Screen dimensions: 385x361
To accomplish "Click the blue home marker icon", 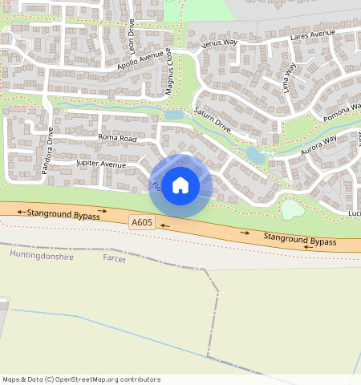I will [180, 185].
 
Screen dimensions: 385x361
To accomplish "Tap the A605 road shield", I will [142, 222].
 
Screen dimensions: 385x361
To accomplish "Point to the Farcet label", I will [115, 260].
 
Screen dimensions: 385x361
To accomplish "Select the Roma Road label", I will [118, 138].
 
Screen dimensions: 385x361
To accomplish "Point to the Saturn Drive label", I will [212, 120].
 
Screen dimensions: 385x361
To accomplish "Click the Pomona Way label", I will [342, 111].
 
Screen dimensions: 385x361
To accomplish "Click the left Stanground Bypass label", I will [63, 214].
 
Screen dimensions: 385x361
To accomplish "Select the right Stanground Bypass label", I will [300, 239].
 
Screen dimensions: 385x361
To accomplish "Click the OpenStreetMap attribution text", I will [81, 379].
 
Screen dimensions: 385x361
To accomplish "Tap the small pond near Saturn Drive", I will [255, 154].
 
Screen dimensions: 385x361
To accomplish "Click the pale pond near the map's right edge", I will [292, 209].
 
